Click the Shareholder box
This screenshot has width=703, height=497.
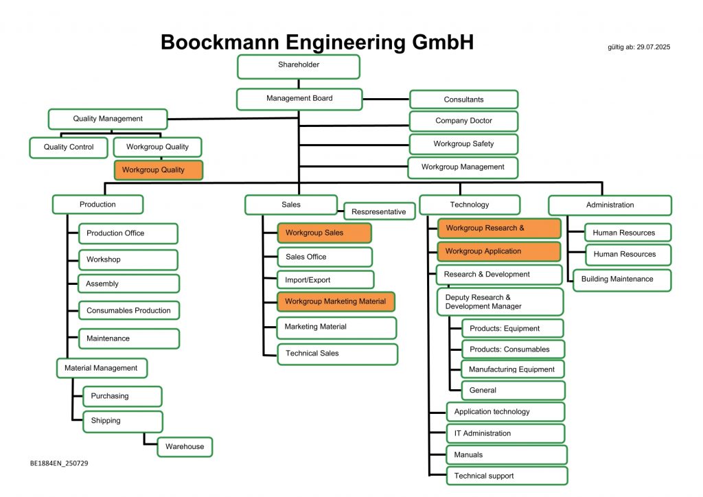(299, 67)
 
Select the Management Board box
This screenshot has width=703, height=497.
(299, 99)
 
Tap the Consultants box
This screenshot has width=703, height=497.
(463, 100)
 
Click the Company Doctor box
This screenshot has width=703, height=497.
(463, 121)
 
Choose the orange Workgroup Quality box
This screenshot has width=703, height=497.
(159, 170)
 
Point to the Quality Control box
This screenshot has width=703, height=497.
(69, 147)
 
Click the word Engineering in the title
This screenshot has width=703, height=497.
(325, 43)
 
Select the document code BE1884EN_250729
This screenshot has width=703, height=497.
(59, 463)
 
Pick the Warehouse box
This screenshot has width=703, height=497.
(185, 447)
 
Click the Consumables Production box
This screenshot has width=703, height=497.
(129, 310)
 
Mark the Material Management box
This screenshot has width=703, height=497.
(101, 368)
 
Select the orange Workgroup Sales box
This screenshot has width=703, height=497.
(324, 233)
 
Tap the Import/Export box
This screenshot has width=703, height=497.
(325, 279)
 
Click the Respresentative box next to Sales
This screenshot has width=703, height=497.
(379, 211)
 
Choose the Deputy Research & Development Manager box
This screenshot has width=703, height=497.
(500, 301)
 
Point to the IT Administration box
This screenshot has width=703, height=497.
(505, 433)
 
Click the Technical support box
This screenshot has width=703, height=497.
(507, 476)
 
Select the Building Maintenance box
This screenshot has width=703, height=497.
(622, 279)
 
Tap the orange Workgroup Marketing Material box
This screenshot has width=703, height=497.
(336, 301)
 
